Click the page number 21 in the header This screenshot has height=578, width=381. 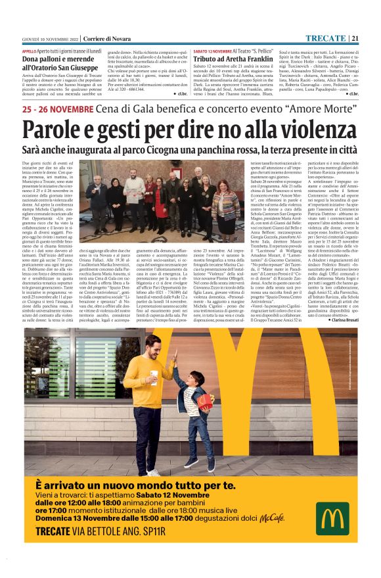354,37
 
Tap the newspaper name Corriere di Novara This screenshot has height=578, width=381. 85,38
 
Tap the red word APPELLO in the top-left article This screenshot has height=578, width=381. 30,51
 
